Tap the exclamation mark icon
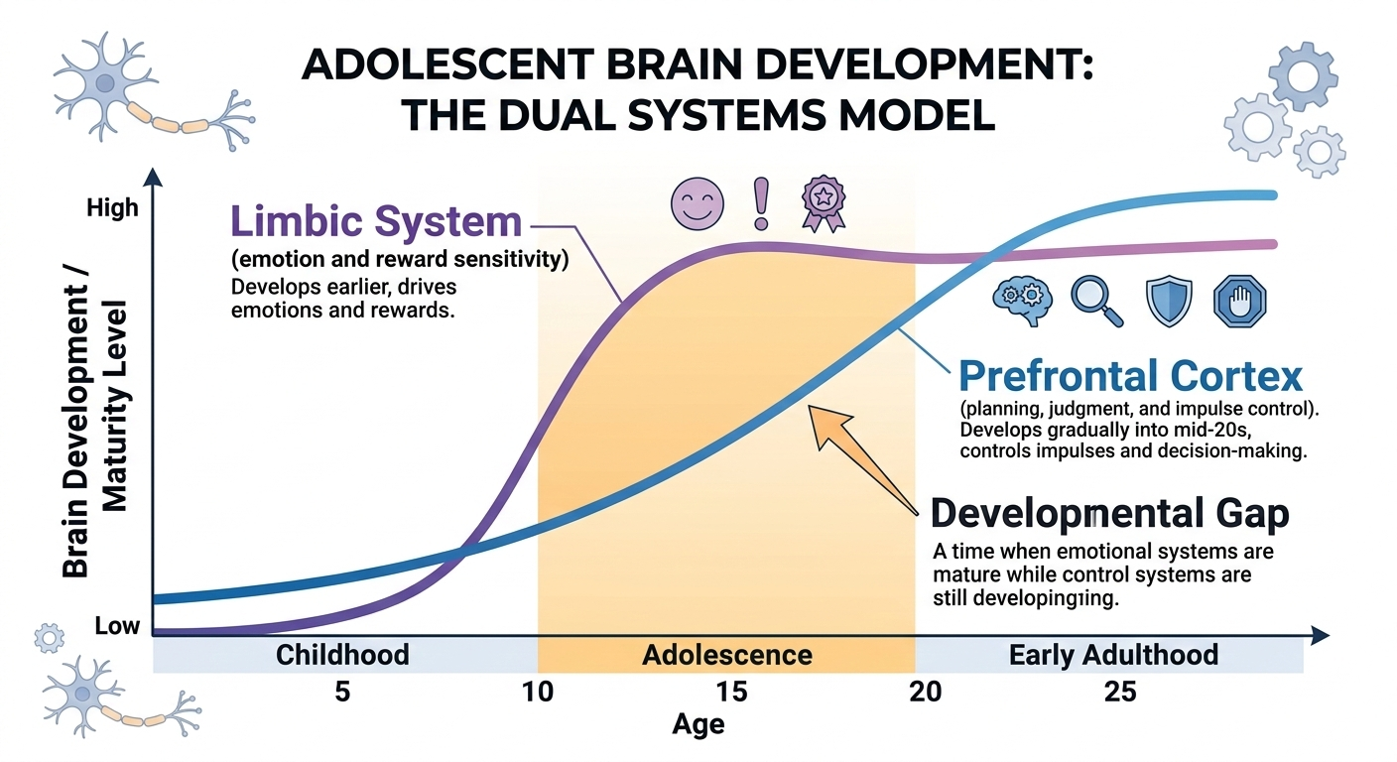(762, 199)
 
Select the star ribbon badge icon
(823, 199)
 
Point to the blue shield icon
(1168, 302)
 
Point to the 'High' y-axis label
(113, 209)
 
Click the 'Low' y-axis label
(117, 627)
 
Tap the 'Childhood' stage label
(342, 656)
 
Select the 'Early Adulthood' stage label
(1113, 656)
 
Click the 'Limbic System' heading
(376, 221)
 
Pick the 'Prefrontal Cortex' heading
(1130, 377)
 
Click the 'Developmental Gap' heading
(1110, 514)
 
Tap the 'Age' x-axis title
(698, 725)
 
